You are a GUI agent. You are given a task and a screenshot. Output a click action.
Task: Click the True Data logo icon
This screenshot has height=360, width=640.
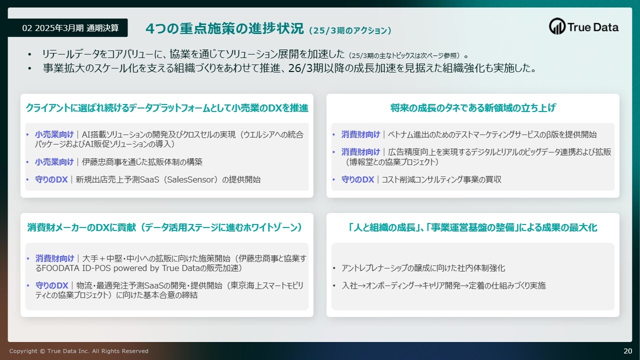[557, 26]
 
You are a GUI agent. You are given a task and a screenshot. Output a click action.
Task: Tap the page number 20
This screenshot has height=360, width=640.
[627, 351]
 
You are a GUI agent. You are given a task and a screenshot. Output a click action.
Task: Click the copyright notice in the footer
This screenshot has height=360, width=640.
[79, 351]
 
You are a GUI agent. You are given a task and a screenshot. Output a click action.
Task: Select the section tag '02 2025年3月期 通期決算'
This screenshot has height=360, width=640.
[70, 28]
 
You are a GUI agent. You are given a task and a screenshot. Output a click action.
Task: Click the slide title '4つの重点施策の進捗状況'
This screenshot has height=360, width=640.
[224, 28]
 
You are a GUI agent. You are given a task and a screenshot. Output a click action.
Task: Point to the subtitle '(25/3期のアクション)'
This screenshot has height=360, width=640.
[350, 30]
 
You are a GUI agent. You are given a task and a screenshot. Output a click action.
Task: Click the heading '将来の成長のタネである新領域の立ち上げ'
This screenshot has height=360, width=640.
[473, 107]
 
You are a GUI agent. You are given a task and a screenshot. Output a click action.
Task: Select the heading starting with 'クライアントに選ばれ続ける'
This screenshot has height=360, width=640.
[167, 107]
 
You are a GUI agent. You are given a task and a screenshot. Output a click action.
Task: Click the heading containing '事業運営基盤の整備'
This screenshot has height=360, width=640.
[473, 227]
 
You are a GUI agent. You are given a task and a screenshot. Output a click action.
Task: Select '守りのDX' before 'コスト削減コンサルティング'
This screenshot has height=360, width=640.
[357, 179]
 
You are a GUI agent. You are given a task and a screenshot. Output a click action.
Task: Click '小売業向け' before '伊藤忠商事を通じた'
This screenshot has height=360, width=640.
[54, 162]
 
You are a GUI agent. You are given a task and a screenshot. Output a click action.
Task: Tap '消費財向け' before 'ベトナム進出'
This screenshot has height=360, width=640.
[360, 134]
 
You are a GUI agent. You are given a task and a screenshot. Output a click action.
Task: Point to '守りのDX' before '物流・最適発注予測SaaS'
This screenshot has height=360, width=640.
[51, 285]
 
